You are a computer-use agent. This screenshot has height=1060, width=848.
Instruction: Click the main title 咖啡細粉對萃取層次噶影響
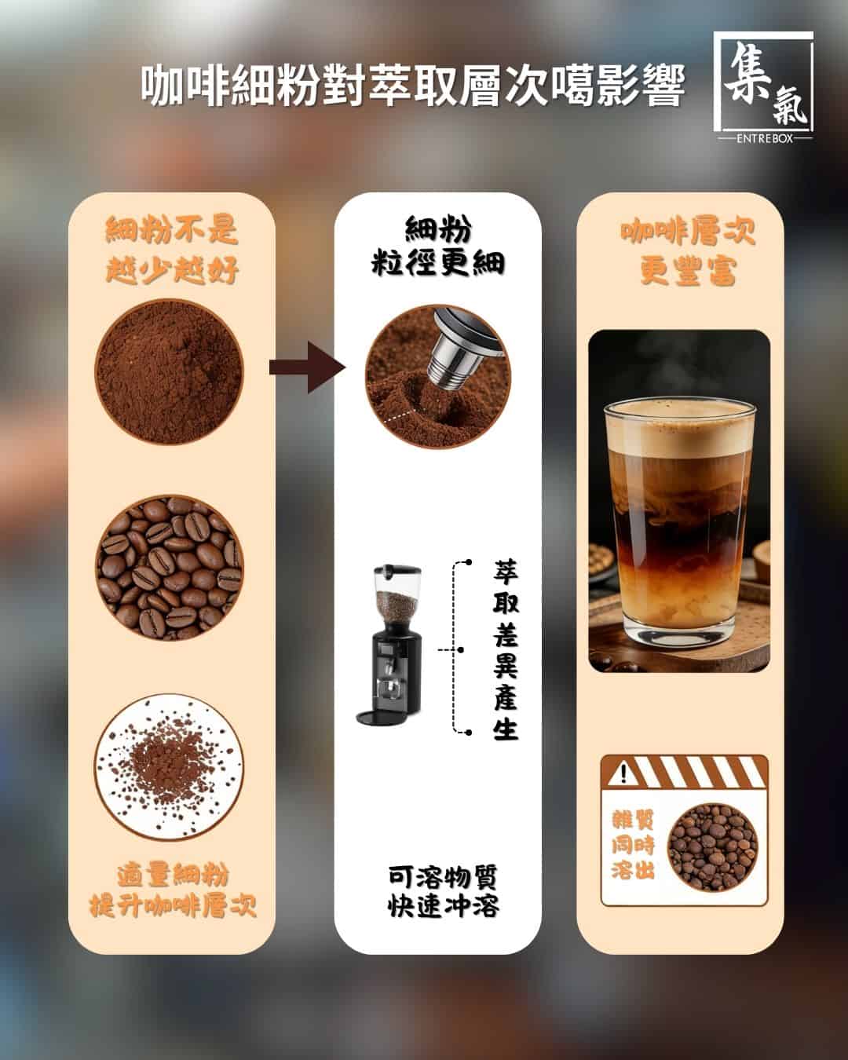(x=413, y=86)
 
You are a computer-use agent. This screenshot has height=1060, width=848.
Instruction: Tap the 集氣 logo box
(x=762, y=82)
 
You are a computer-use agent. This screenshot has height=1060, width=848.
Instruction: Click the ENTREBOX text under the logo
(x=765, y=139)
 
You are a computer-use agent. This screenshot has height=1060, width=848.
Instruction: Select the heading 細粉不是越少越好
(x=172, y=250)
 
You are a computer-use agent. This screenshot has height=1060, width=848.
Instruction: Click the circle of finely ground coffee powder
(x=169, y=372)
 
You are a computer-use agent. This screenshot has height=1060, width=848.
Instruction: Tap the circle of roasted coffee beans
(x=169, y=568)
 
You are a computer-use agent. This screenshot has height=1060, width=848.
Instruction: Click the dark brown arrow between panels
(x=308, y=367)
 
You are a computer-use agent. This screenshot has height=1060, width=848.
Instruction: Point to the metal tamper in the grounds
(x=461, y=348)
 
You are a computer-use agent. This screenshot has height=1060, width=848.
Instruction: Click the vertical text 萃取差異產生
(x=506, y=649)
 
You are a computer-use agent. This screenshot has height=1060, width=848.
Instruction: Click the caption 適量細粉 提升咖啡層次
(x=173, y=891)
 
